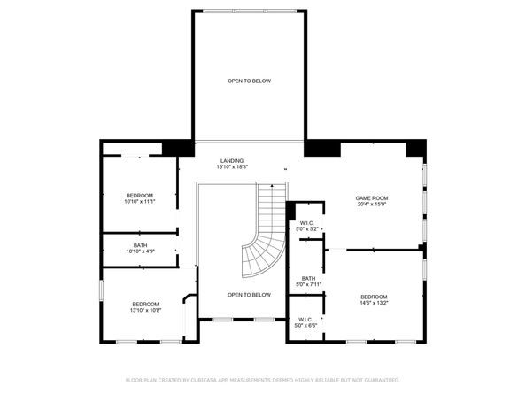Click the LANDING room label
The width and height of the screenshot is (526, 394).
point(232,160)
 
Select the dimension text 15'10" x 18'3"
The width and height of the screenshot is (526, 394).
point(232,166)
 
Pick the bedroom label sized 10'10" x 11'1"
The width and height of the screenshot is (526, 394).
point(140,195)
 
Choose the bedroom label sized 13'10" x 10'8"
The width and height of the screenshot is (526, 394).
point(146,304)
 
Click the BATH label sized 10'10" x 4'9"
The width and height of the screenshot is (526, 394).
point(140,245)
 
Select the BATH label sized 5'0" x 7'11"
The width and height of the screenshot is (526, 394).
point(308,279)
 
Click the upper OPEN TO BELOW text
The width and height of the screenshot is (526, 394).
point(249,81)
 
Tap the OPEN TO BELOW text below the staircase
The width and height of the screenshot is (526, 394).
point(249,295)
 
